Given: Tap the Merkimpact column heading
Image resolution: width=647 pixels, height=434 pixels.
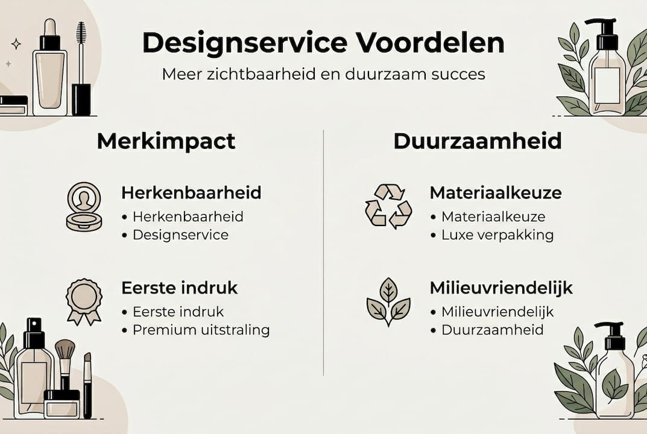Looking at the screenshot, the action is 166,142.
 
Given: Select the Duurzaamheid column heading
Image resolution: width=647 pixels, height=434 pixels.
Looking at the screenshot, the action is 478,141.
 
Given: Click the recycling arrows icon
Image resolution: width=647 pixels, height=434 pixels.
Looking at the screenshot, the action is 388,206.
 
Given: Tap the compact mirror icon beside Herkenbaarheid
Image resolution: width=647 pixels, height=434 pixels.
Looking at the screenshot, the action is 84,207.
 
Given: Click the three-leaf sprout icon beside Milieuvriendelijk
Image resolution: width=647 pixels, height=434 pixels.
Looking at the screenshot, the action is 388,301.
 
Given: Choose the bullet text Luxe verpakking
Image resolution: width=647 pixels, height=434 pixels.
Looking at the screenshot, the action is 497,235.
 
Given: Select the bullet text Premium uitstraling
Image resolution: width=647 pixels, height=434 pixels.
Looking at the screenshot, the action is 201,330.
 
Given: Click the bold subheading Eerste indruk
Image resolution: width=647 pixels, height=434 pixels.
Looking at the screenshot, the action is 180,288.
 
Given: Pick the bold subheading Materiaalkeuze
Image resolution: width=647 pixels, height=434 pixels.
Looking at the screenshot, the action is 496,193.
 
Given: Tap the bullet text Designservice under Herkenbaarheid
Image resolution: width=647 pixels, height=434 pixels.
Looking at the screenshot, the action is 181,235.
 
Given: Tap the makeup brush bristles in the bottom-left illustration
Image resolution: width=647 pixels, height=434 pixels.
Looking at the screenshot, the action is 65,350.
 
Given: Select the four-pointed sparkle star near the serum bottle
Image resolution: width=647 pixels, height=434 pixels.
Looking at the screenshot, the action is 16,44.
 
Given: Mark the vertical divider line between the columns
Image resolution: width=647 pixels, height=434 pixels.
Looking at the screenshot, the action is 323,253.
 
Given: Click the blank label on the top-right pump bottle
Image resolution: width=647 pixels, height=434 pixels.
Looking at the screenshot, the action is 607,86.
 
